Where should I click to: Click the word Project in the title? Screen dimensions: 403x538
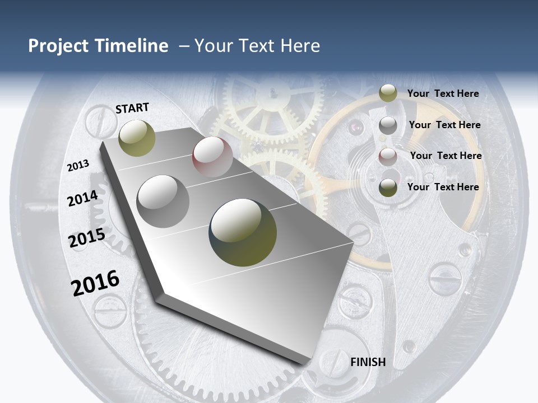click(58, 46)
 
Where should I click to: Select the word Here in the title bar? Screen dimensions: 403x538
click(300, 46)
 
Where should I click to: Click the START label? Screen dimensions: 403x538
click(132, 107)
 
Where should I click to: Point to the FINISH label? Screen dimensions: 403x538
click(368, 362)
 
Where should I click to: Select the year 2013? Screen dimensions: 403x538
click(78, 166)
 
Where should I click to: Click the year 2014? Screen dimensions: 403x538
click(82, 198)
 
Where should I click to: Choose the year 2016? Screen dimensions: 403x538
click(95, 283)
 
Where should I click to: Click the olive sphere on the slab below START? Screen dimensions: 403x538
click(137, 138)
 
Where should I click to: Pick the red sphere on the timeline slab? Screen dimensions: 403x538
click(212, 157)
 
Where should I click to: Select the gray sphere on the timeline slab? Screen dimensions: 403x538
click(163, 201)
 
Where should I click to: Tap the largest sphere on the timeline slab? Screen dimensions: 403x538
click(243, 232)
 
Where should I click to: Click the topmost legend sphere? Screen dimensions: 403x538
click(388, 93)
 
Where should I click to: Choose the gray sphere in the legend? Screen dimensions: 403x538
click(388, 125)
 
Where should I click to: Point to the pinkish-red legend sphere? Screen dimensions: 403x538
click(388, 156)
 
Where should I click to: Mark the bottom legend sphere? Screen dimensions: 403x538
click(388, 188)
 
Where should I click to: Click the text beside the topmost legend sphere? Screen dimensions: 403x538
click(443, 93)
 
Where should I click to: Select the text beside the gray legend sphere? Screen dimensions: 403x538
click(444, 125)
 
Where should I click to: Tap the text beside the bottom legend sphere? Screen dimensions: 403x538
click(443, 187)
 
